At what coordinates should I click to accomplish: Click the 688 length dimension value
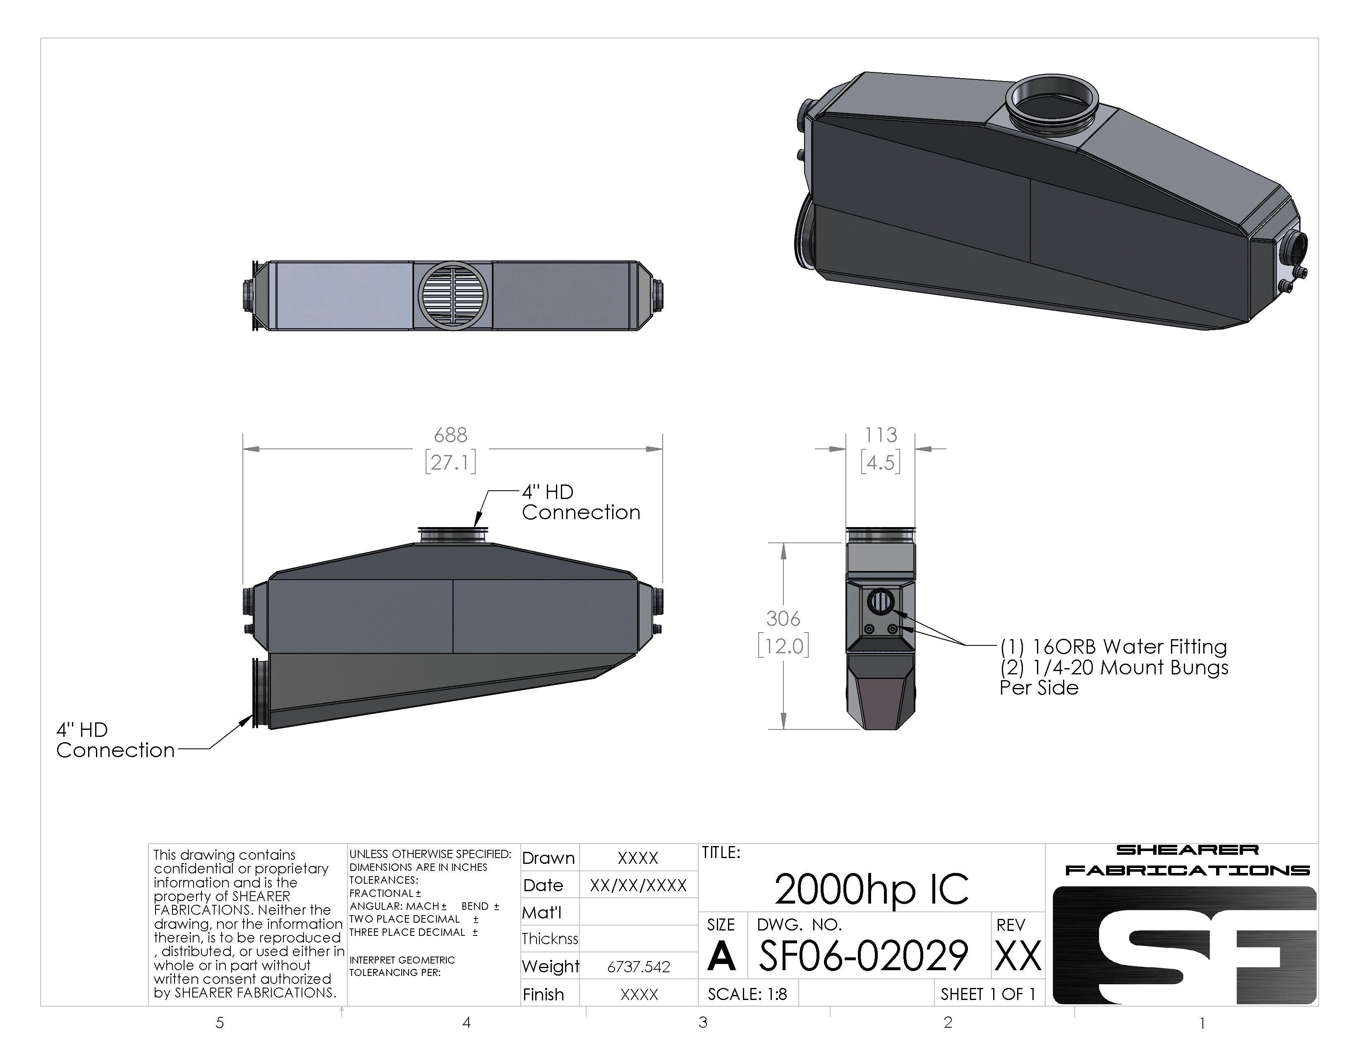pyautogui.click(x=450, y=435)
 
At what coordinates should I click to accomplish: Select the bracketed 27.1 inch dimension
pyautogui.click(x=450, y=463)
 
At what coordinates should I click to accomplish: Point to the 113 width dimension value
pyautogui.click(x=881, y=435)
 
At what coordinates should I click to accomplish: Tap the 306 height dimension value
pyautogui.click(x=783, y=619)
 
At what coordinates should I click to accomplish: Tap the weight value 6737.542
pyautogui.click(x=639, y=967)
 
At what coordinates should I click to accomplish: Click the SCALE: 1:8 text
pyautogui.click(x=747, y=994)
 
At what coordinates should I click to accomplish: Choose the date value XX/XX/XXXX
pyautogui.click(x=638, y=885)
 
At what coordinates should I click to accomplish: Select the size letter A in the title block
pyautogui.click(x=721, y=956)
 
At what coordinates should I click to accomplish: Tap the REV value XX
pyautogui.click(x=1018, y=956)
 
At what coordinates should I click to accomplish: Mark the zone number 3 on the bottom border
pyautogui.click(x=703, y=1022)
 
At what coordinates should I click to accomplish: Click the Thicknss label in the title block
pyautogui.click(x=550, y=939)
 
